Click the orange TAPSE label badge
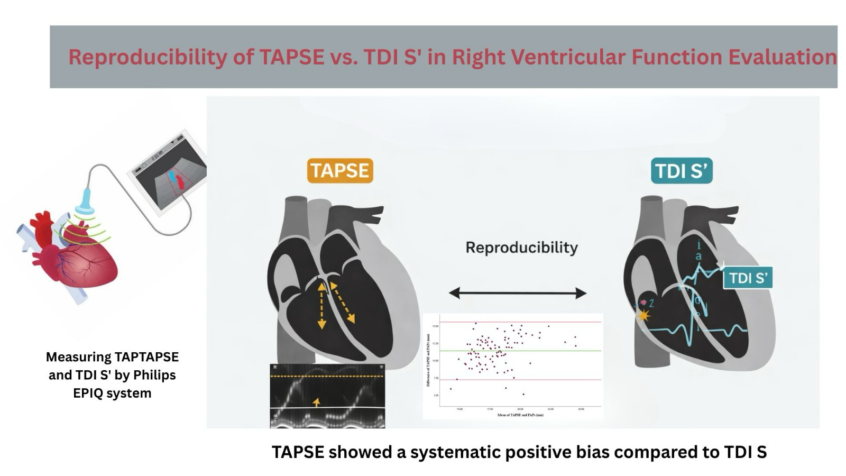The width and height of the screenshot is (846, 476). coord(339,171)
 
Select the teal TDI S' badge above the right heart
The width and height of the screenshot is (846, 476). coord(681,171)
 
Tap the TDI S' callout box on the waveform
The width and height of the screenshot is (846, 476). coord(748,278)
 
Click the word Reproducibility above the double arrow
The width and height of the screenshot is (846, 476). coord(521,248)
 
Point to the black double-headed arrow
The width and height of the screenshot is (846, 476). coord(517,293)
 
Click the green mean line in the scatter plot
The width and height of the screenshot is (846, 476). coord(521,351)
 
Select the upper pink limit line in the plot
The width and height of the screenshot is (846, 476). coord(521,322)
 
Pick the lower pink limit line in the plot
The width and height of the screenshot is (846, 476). coord(521,380)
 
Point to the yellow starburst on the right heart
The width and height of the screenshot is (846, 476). coord(643,316)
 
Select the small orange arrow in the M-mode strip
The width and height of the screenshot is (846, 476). coord(316,402)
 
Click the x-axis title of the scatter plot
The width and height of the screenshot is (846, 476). coord(520,415)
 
